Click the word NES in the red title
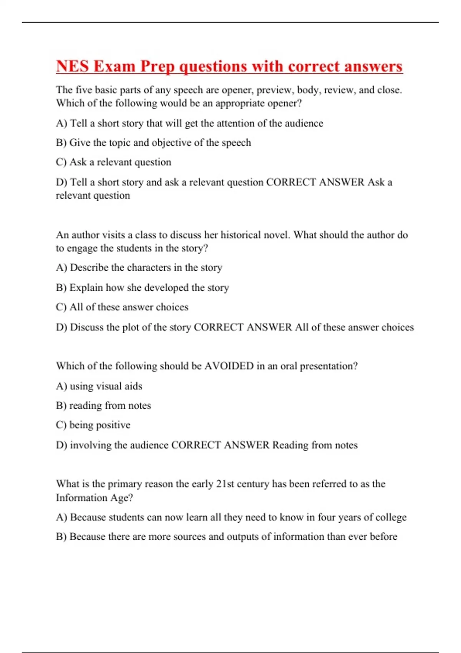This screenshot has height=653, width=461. [73, 66]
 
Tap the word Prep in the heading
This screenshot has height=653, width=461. [157, 66]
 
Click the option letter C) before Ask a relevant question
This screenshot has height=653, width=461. [61, 162]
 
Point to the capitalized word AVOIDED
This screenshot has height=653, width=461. [229, 366]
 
